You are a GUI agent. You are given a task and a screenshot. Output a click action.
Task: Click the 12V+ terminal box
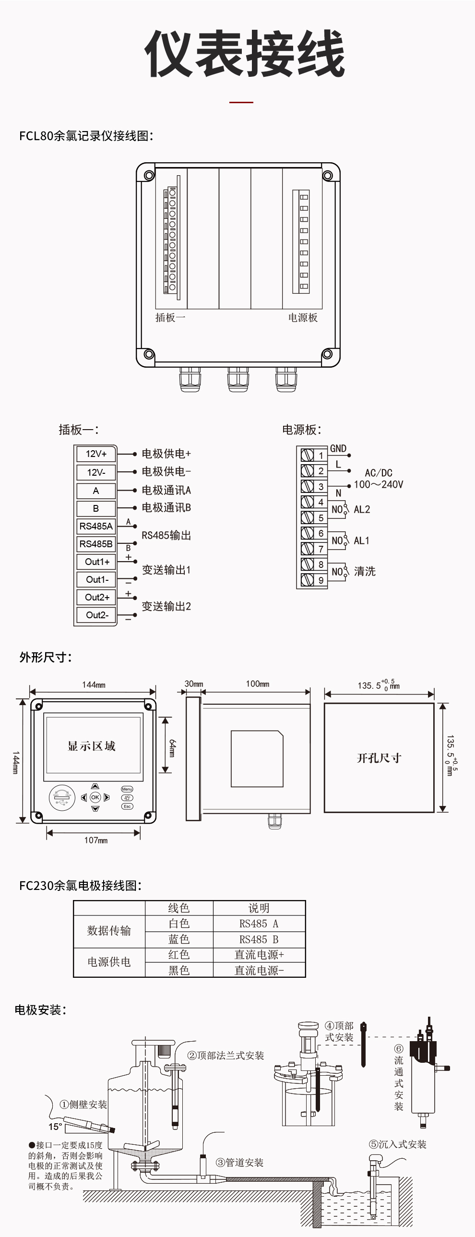pyautogui.click(x=96, y=454)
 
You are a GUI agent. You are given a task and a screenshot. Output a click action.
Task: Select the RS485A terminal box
pyautogui.click(x=96, y=526)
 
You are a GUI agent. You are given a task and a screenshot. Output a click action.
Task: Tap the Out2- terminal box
pyautogui.click(x=97, y=615)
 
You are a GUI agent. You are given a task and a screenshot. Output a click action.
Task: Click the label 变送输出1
pyautogui.click(x=166, y=570)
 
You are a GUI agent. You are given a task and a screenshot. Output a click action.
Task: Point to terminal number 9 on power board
pyautogui.click(x=321, y=580)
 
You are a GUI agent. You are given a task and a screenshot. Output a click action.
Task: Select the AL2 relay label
pyautogui.click(x=362, y=509)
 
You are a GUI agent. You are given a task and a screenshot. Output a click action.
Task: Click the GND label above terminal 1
pyautogui.click(x=338, y=448)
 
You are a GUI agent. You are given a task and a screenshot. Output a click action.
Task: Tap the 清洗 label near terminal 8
pyautogui.click(x=365, y=571)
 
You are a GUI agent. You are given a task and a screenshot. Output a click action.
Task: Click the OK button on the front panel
pyautogui.click(x=95, y=798)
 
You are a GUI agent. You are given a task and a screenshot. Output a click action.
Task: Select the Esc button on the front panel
pyautogui.click(x=127, y=806)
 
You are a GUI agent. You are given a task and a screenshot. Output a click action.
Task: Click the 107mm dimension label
pyautogui.click(x=95, y=841)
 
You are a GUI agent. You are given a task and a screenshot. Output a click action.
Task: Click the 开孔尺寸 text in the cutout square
pyautogui.click(x=379, y=758)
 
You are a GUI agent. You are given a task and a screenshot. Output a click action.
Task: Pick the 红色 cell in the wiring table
pyautogui.click(x=179, y=955)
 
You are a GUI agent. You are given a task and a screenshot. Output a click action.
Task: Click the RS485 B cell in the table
pyautogui.click(x=259, y=939)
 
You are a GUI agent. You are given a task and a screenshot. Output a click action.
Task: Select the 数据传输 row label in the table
pyautogui.click(x=109, y=931)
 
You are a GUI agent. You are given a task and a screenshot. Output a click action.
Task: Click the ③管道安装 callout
pyautogui.click(x=240, y=1163)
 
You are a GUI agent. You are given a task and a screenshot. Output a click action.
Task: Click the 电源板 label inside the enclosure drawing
pyautogui.click(x=303, y=317)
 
